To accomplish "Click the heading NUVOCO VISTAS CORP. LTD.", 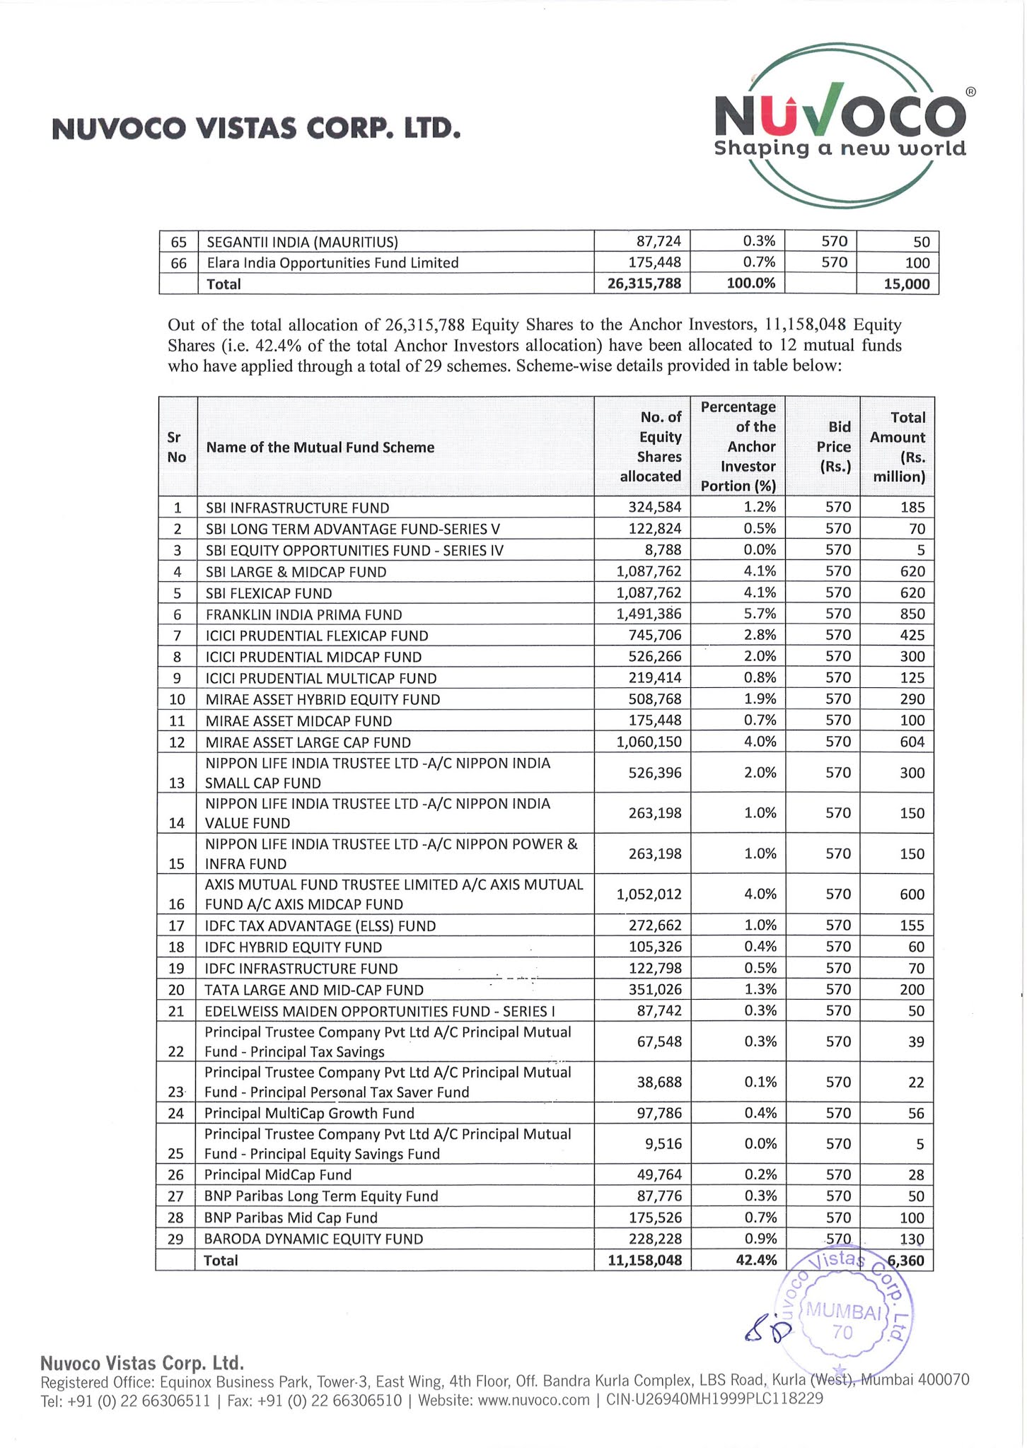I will click(x=256, y=129).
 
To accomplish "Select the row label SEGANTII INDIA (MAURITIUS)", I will click(x=302, y=243).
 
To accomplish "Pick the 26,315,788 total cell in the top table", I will click(x=644, y=284).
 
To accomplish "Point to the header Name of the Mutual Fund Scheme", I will click(x=320, y=448).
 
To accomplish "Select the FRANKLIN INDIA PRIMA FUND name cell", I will click(x=303, y=615).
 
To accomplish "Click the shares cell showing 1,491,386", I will click(x=649, y=614).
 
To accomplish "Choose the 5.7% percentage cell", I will click(x=760, y=614).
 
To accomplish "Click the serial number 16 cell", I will click(x=177, y=904).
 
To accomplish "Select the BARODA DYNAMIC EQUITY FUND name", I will click(x=313, y=1239).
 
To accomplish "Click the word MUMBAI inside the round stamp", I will click(x=842, y=1312).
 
